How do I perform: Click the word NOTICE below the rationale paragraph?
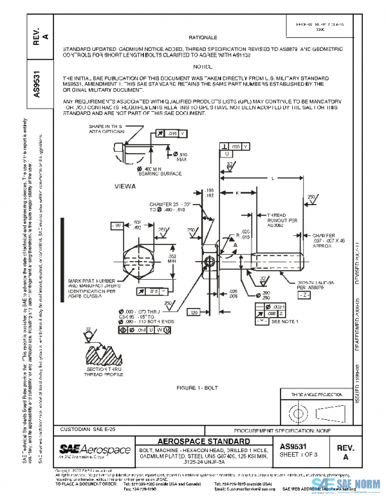tap(203, 66)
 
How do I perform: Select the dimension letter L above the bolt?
tap(273, 177)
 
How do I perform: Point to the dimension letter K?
tap(237, 192)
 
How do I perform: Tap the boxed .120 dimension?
tap(194, 312)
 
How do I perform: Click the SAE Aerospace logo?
tap(95, 448)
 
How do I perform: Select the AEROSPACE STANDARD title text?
tap(203, 441)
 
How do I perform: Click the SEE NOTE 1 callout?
tap(285, 320)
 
